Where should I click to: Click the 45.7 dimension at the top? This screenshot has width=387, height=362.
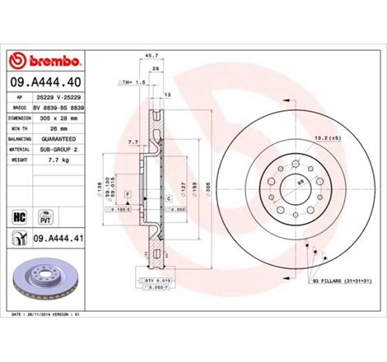[150, 56]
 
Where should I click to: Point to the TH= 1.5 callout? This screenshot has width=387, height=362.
[133, 83]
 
